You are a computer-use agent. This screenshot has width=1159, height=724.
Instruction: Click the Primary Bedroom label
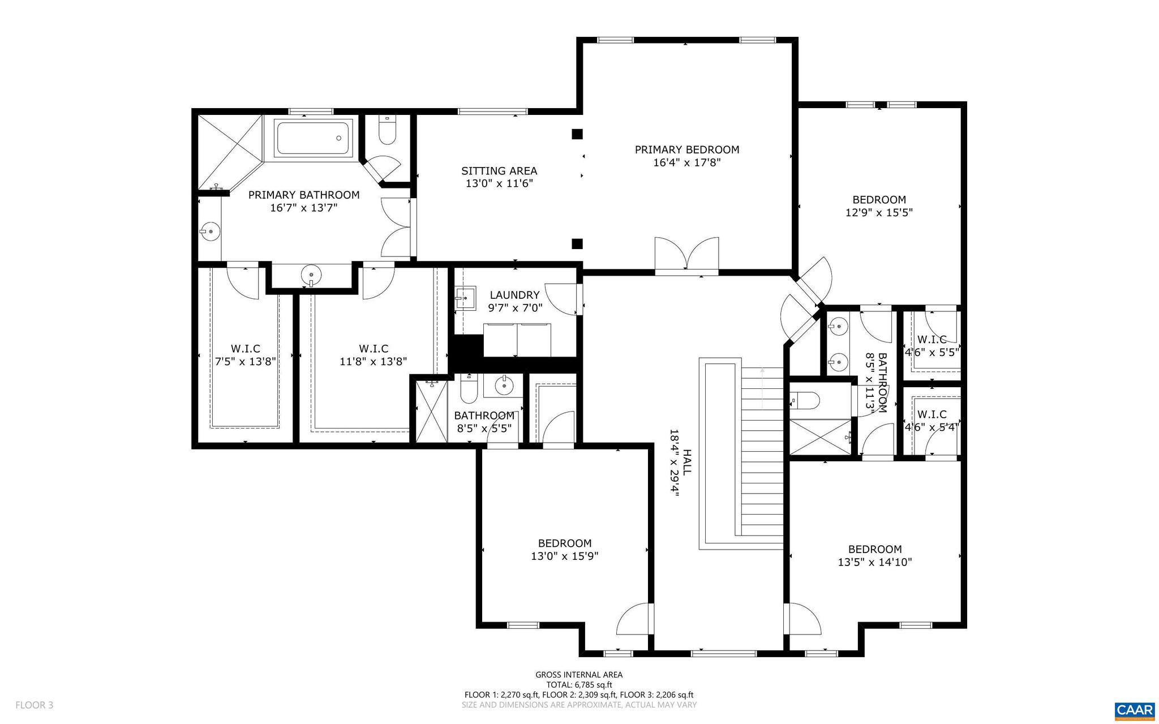point(686,150)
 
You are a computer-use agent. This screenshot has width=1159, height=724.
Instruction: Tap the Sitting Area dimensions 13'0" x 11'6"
point(499,183)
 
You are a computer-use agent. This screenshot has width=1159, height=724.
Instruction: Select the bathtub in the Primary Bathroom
point(313,138)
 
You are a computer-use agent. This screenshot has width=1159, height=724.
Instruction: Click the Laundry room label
point(514,295)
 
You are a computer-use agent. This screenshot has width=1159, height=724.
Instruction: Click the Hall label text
point(686,462)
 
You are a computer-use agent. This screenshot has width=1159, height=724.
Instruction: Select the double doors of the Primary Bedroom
point(686,256)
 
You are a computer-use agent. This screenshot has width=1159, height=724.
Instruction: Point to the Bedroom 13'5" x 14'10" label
point(874,555)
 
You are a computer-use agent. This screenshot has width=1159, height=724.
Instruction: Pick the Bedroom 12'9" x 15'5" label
point(879,206)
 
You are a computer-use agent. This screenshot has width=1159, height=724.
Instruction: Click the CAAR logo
point(1134,710)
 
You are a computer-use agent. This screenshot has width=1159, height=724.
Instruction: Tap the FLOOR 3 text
point(35,705)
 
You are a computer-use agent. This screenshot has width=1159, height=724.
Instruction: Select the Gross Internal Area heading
point(578,674)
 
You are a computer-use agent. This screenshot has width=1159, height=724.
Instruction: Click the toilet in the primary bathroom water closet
point(387,132)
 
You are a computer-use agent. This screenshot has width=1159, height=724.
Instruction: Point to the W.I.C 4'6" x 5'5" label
point(932,346)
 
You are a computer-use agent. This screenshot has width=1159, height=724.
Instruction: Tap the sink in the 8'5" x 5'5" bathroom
point(504,386)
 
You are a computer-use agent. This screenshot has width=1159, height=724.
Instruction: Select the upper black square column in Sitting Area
point(577,134)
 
